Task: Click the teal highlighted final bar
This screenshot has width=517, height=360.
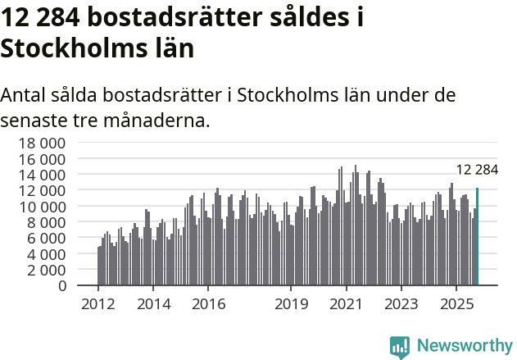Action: tap(477, 237)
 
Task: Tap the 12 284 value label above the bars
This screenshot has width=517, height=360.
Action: tap(477, 170)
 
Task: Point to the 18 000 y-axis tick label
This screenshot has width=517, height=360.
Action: tap(41, 143)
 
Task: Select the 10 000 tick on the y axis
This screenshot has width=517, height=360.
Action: tap(41, 207)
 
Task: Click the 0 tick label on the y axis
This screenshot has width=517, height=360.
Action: tap(61, 286)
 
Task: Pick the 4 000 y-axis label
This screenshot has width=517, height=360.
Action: tap(44, 254)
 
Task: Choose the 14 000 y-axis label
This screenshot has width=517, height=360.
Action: tap(41, 175)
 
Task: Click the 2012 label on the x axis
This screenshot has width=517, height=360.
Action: tap(98, 304)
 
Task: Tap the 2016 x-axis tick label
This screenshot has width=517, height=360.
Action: tap(208, 304)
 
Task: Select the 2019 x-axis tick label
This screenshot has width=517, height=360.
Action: tap(291, 304)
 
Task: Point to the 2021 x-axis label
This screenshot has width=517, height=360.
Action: tap(346, 304)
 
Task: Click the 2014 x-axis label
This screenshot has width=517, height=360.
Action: tap(153, 304)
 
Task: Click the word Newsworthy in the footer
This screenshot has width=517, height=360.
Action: tap(465, 346)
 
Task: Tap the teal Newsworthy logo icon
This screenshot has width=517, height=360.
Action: tap(400, 346)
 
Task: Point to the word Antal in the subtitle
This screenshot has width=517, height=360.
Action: tap(24, 94)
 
